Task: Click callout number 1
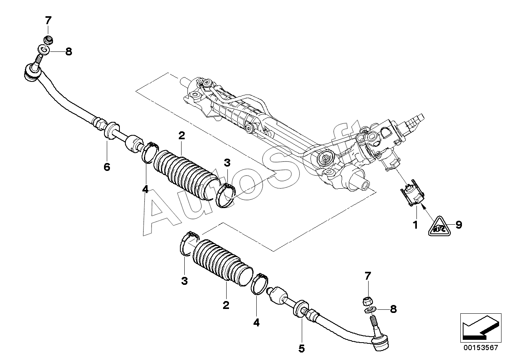tap(415, 225)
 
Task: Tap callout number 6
tap(107, 167)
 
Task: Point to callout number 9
tap(458, 225)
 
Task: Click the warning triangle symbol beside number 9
tap(439, 226)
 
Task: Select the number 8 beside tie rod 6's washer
tap(69, 51)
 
